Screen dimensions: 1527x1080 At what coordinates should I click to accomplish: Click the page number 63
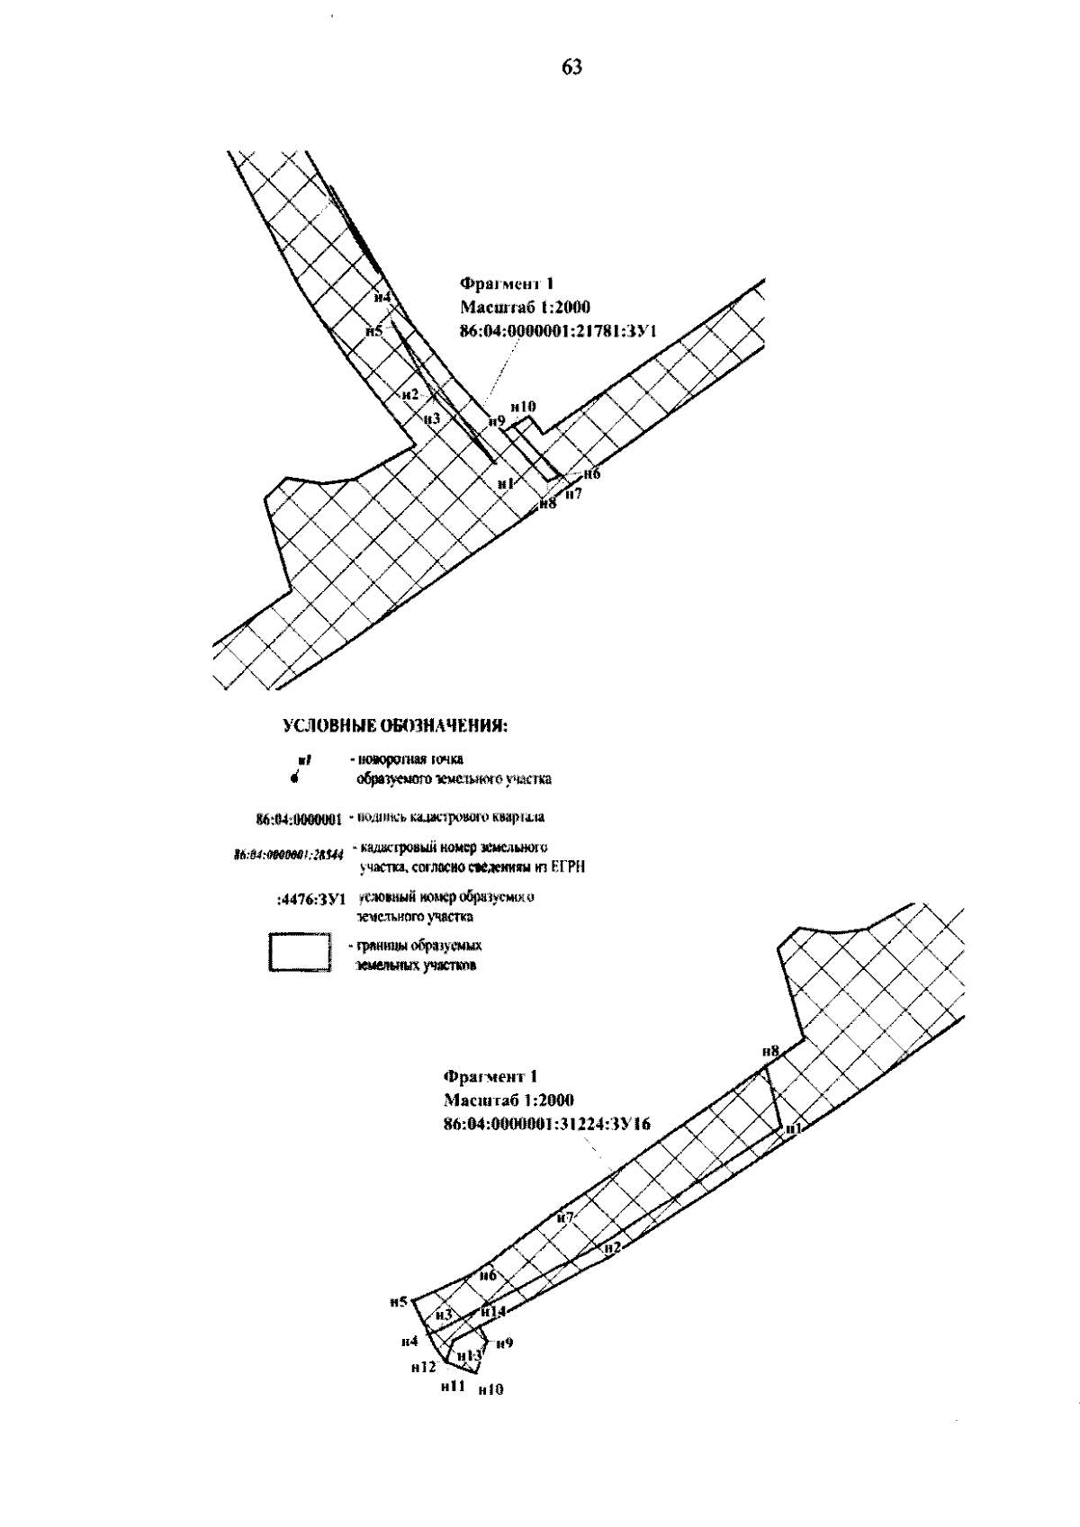[x=572, y=67]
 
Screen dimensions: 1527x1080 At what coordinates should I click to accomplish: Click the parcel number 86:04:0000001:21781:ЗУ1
[x=558, y=331]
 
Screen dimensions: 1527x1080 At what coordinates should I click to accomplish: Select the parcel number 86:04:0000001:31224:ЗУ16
[x=547, y=1124]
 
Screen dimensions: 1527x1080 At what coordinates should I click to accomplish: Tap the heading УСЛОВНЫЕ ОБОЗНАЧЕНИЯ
[x=397, y=726]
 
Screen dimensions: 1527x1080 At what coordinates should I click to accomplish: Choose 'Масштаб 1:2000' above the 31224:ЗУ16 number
[x=508, y=1100]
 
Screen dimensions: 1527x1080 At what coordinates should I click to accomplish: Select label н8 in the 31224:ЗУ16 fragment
[x=769, y=1050]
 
